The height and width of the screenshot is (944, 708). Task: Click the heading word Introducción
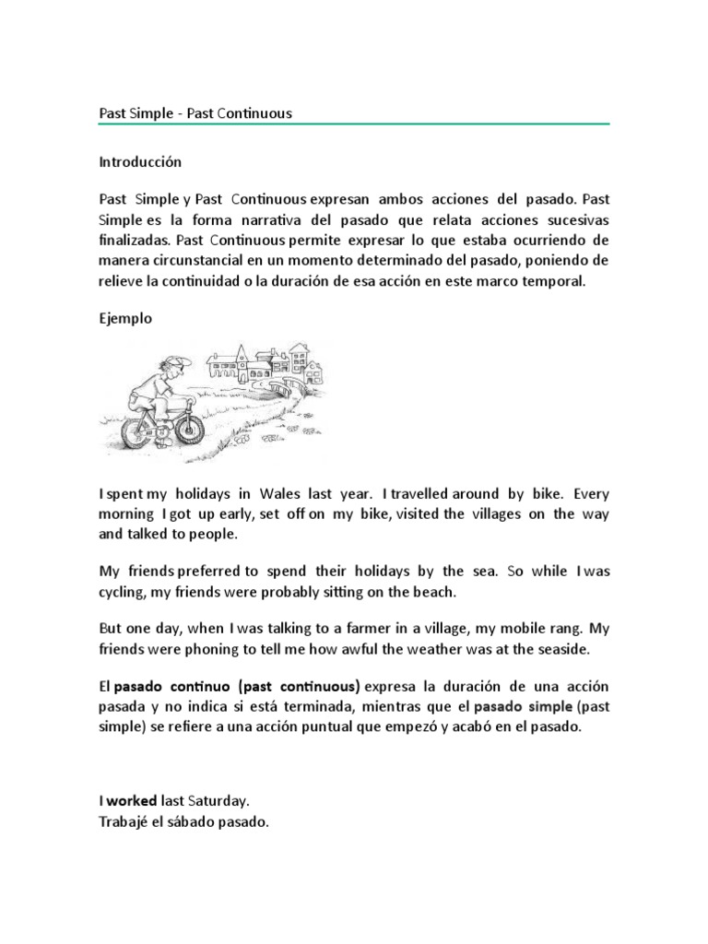coord(140,161)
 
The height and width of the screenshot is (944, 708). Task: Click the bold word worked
coord(132,802)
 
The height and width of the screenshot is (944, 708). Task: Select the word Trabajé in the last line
coord(124,822)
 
